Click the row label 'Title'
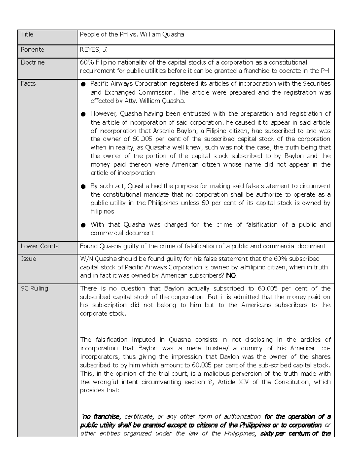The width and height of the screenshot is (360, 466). [27, 35]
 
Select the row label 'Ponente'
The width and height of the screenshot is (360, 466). [32, 50]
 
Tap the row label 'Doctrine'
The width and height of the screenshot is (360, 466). [32, 62]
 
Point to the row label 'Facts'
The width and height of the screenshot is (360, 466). [28, 84]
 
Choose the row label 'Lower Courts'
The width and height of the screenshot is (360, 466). [40, 246]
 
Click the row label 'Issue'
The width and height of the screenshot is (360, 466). [28, 259]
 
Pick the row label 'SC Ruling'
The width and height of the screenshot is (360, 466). [34, 289]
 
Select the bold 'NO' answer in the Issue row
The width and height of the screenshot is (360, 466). [231, 276]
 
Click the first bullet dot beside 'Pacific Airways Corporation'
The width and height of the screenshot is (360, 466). [83, 84]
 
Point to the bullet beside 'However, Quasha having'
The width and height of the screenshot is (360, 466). [83, 114]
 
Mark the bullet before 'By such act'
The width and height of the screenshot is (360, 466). [83, 187]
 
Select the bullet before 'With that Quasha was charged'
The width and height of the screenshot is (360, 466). [83, 225]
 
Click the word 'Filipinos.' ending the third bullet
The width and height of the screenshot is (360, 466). [103, 212]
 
